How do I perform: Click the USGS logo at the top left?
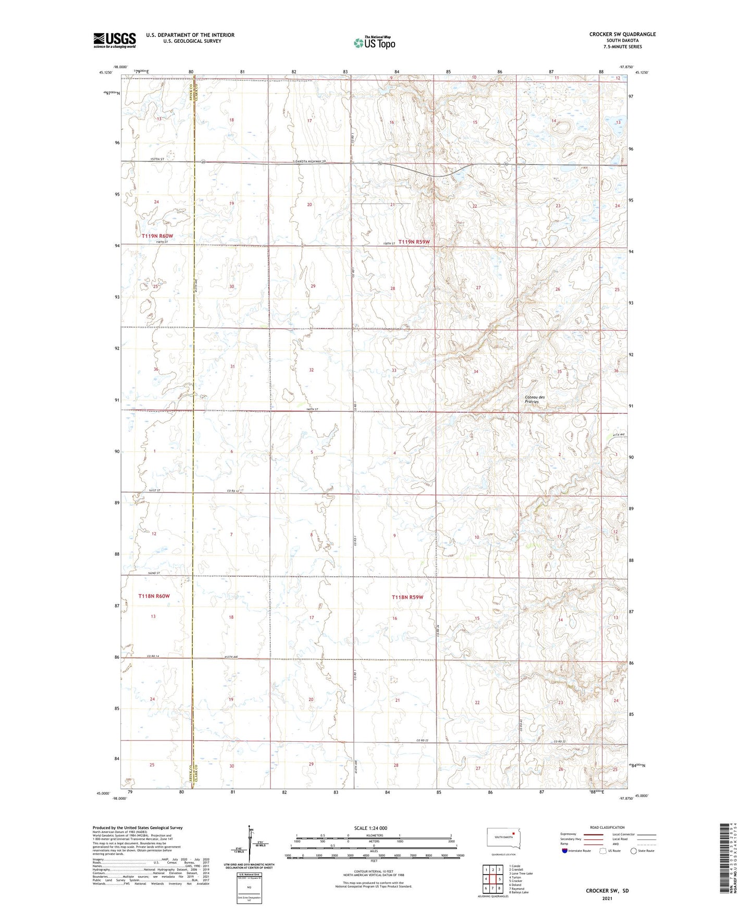pyautogui.click(x=114, y=40)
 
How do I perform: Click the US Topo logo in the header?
pyautogui.click(x=374, y=43)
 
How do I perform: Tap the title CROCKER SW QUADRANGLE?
pyautogui.click(x=622, y=34)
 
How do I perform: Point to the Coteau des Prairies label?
pyautogui.click(x=535, y=399)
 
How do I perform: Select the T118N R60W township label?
pyautogui.click(x=154, y=596)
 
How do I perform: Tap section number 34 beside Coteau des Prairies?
pyautogui.click(x=475, y=372)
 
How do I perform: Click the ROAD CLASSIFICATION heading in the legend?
pyautogui.click(x=607, y=827)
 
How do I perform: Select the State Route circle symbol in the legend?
pyautogui.click(x=633, y=851)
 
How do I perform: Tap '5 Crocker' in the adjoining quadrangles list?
pyautogui.click(x=515, y=881)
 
